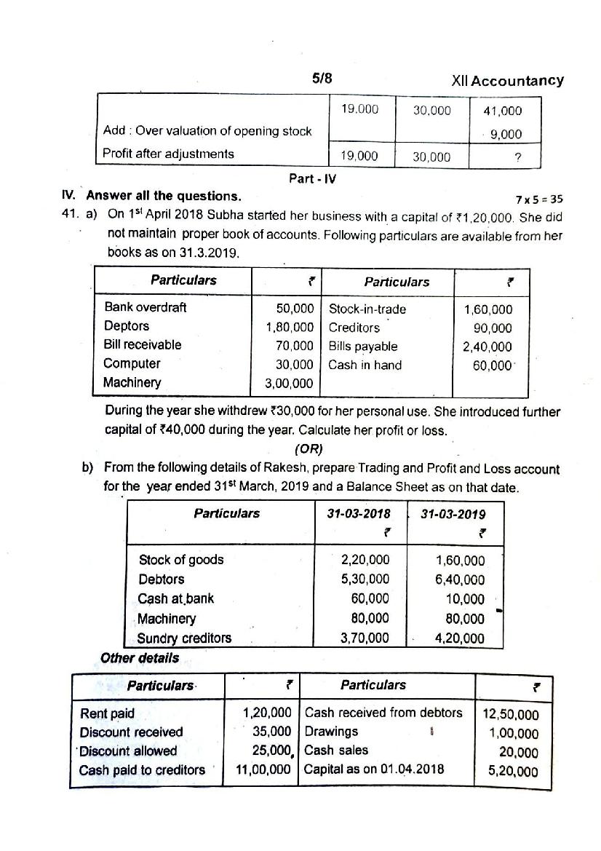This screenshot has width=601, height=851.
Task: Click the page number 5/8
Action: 322,79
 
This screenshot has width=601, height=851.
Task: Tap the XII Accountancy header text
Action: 507,81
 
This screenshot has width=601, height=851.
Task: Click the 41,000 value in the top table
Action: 502,111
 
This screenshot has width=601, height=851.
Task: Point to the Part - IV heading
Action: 312,178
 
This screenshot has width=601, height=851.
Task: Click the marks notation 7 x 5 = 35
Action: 538,199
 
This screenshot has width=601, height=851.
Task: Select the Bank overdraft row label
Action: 145,307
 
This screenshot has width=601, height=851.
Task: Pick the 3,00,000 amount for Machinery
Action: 289,384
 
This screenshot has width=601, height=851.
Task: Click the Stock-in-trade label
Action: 367,309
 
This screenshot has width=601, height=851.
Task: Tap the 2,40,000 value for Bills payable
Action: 487,347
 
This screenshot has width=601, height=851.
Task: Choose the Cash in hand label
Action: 365,365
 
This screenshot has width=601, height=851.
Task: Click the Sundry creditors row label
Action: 184,638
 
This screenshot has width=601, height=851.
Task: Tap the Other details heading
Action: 139,658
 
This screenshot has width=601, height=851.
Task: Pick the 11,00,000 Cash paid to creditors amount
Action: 263,770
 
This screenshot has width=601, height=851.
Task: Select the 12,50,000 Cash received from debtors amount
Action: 510,716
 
